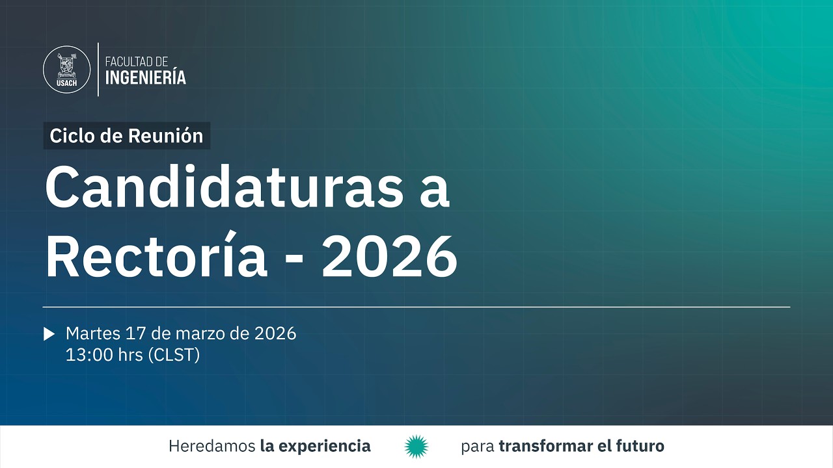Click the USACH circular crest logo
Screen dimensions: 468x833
click(66, 70)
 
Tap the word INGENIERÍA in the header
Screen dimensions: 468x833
click(146, 78)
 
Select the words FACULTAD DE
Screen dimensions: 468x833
click(137, 62)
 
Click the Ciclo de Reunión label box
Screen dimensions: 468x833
click(127, 136)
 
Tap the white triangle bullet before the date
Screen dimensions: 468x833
click(49, 334)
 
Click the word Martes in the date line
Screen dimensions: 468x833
click(93, 334)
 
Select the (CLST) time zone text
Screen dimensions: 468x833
click(174, 356)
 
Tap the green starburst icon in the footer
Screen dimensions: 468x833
click(416, 447)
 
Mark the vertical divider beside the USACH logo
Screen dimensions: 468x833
click(98, 70)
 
